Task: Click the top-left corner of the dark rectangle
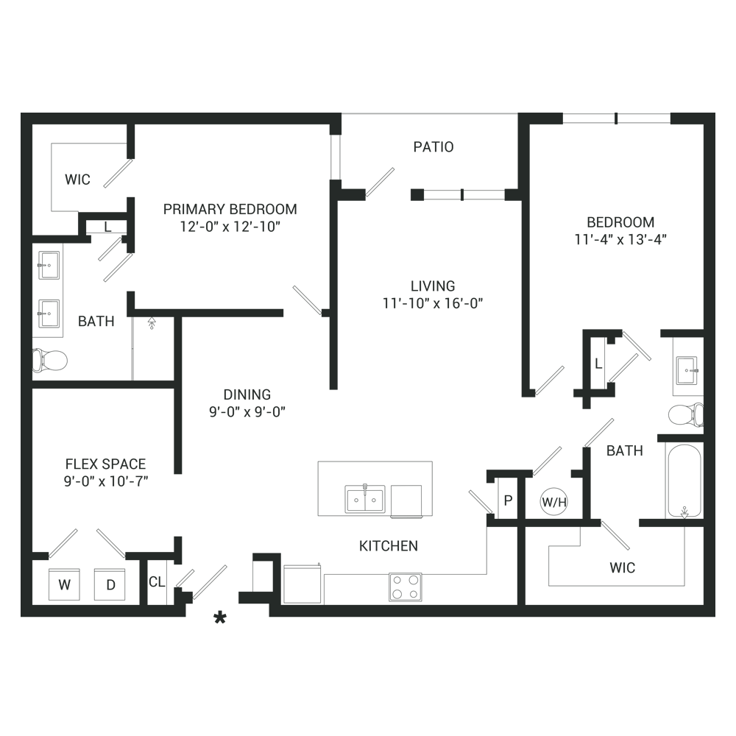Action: pyautogui.click(x=21, y=113)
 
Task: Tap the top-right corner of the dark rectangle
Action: pyautogui.click(x=715, y=113)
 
